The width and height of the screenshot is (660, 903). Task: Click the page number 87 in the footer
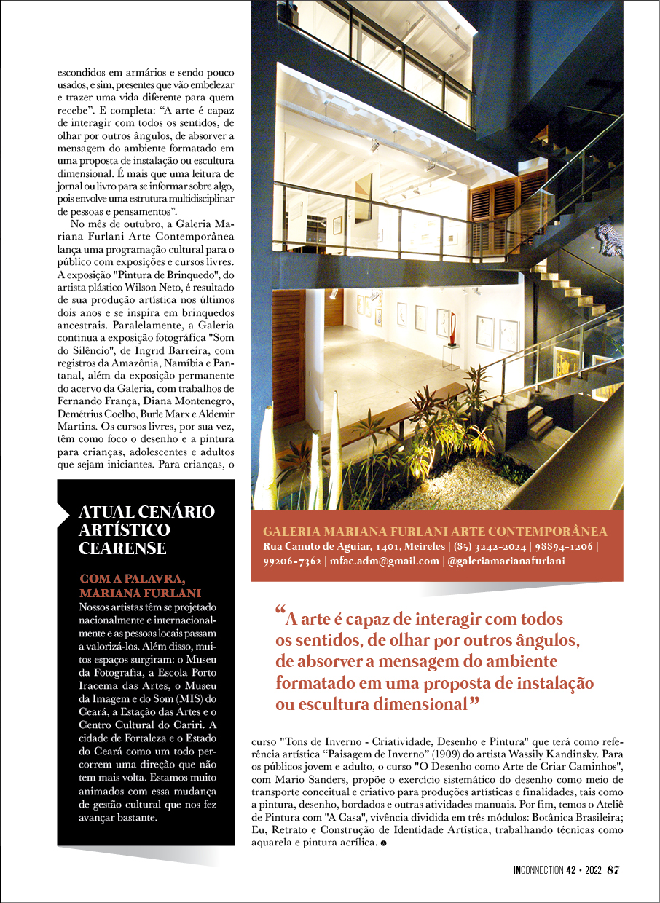(x=613, y=870)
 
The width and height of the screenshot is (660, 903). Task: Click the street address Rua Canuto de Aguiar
(x=317, y=547)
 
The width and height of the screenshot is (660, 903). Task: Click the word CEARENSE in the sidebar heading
(x=122, y=549)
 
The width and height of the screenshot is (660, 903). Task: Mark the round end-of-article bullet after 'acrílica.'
(x=383, y=843)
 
